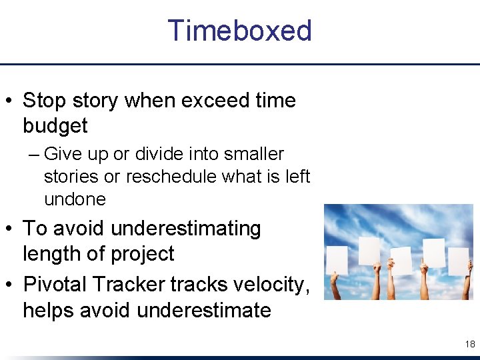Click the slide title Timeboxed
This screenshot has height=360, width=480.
(239, 31)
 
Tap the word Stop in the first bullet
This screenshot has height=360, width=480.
(43, 101)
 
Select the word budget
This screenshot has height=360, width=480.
(55, 126)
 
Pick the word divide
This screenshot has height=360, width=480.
(161, 154)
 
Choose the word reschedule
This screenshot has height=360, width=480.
(169, 177)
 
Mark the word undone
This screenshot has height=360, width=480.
(75, 199)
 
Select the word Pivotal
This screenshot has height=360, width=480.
(55, 285)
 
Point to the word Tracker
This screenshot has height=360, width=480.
(129, 285)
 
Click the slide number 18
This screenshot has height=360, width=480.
(469, 344)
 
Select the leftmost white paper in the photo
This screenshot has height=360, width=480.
(337, 260)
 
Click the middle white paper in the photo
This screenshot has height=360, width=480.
(401, 261)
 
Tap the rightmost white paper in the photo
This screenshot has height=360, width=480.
(459, 261)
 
